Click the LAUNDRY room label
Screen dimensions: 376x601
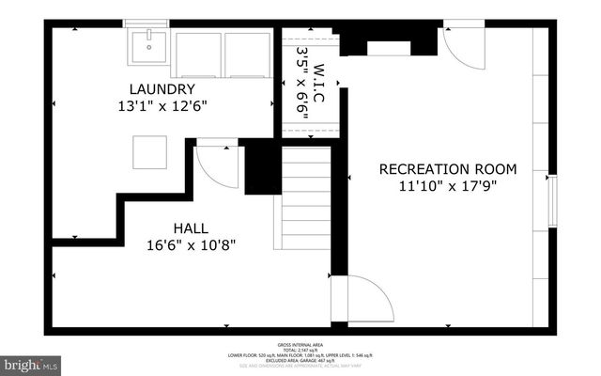point(167,89)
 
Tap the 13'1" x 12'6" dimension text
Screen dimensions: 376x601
point(167,106)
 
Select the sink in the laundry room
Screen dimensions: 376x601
point(148,45)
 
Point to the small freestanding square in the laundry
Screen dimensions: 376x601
point(149,151)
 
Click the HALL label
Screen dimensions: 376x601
point(191,228)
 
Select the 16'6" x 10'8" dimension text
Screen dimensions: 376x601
point(191,245)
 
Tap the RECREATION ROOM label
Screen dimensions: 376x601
point(447,169)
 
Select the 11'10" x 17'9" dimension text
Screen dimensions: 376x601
point(447,186)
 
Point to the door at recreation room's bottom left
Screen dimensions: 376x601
point(368,299)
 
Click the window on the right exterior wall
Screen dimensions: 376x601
point(552,200)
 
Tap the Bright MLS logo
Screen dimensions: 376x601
point(31,363)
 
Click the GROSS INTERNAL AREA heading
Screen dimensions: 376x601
point(301,345)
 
